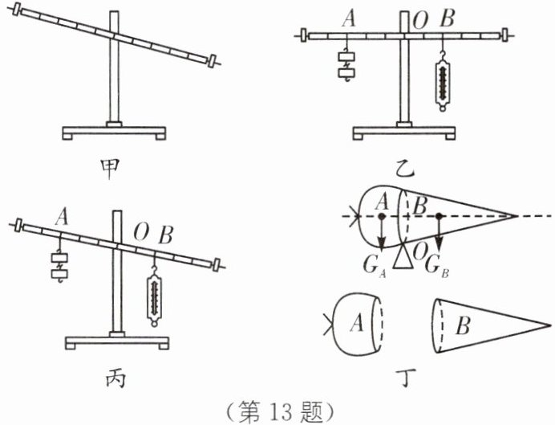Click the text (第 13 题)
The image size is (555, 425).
(276, 410)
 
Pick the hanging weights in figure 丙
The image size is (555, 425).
(59, 265)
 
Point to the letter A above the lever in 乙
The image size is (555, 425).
(347, 18)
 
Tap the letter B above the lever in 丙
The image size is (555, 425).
(165, 235)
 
